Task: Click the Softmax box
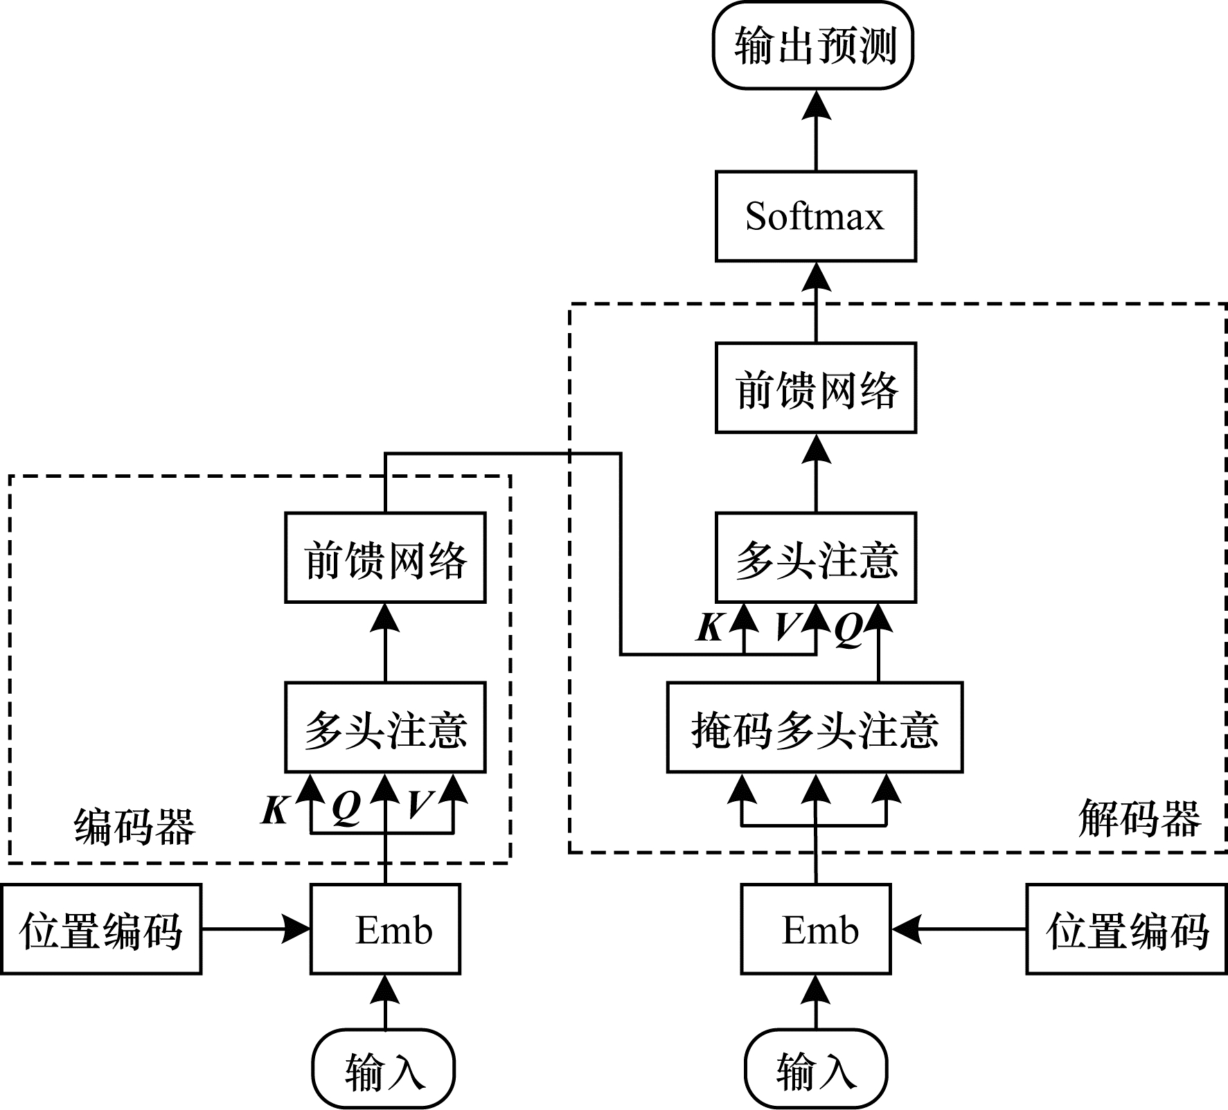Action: click(x=815, y=216)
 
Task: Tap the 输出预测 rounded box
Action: click(x=813, y=46)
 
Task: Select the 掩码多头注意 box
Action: click(x=815, y=727)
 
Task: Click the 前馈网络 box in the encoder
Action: click(x=385, y=557)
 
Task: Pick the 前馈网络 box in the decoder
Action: click(x=815, y=388)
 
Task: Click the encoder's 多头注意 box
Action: click(x=385, y=727)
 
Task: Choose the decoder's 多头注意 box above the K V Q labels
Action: click(x=815, y=557)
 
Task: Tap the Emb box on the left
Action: click(x=385, y=929)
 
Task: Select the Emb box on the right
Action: click(x=815, y=929)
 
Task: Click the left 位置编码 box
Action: click(x=101, y=929)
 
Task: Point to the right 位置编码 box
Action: click(x=1126, y=929)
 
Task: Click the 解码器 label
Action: click(x=1139, y=818)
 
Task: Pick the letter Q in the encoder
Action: click(x=346, y=807)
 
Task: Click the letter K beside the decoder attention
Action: click(x=710, y=627)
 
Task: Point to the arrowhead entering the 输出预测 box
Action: click(x=816, y=106)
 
